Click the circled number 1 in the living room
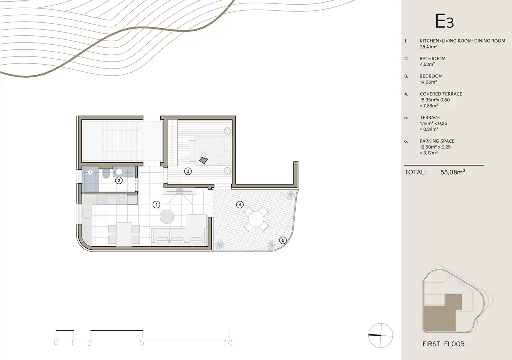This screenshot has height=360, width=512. coord(156,205)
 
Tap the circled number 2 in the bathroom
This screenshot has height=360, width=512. coord(119,180)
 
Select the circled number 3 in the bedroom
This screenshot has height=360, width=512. coord(188,171)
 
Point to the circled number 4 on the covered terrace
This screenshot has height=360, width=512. coord(240,205)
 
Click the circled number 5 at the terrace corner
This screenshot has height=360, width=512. coord(283,241)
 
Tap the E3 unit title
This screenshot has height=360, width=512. coord(444,22)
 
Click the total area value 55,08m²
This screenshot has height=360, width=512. coord(453,172)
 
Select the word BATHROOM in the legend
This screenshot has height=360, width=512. coord(432,59)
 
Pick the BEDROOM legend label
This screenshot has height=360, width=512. coord(431,76)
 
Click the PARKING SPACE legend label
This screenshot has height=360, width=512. coord(437,141)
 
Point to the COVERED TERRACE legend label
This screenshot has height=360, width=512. coord(441,94)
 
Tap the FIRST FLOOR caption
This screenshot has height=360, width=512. coord(443,344)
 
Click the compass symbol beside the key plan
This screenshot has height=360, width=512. coord(380,336)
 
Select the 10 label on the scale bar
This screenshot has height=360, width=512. coord(228,343)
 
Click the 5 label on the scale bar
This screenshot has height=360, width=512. coord(142,343)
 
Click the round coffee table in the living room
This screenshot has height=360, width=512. coord(167,217)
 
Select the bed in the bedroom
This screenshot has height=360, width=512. coord(210,150)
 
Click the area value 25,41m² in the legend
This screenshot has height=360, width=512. coord(428,47)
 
